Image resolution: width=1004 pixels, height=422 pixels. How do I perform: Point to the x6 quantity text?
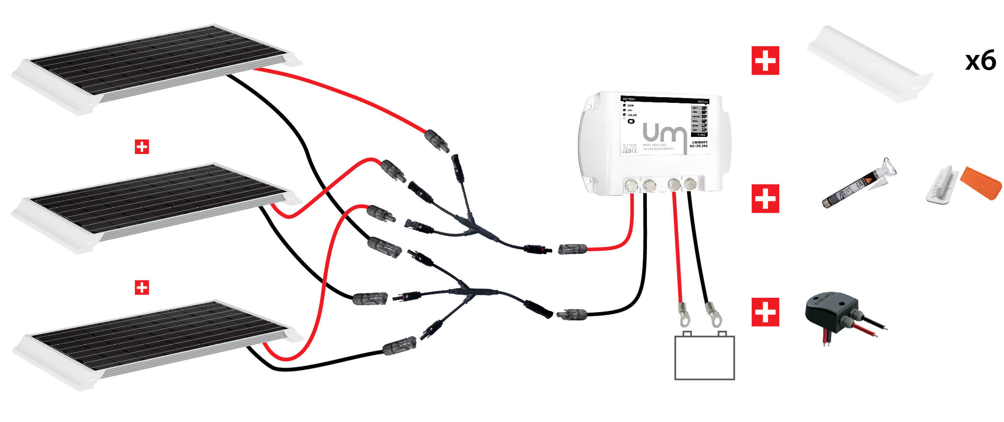pyautogui.click(x=980, y=61)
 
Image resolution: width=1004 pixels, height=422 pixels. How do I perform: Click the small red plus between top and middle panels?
pyautogui.click(x=142, y=147)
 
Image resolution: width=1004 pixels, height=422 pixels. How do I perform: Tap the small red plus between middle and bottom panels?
pyautogui.click(x=142, y=287)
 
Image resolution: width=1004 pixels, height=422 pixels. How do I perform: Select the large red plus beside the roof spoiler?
pyautogui.click(x=765, y=61)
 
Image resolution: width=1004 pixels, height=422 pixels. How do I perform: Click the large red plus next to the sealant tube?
pyautogui.click(x=765, y=199)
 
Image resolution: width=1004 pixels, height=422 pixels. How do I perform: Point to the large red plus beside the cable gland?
pyautogui.click(x=765, y=312)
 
